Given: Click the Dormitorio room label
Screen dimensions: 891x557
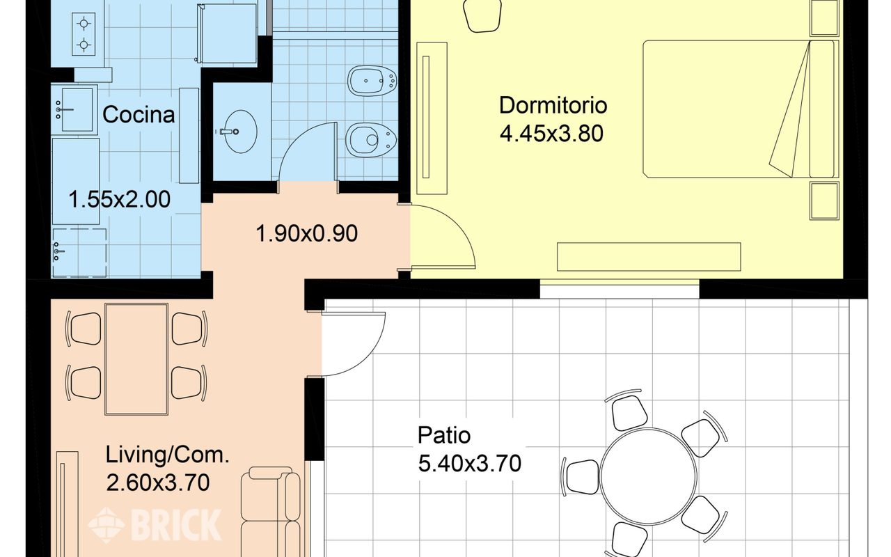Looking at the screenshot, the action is (553, 105).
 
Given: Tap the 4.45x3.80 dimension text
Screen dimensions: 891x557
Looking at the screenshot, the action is (551, 134).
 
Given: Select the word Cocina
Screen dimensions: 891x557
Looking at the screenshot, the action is (139, 115).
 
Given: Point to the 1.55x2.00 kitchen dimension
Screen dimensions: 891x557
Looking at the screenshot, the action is (119, 199).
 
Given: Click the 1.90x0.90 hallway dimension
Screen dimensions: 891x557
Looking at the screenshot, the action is (307, 233).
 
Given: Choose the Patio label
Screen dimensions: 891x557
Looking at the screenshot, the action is (444, 435).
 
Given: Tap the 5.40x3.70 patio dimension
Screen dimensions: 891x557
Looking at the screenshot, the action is (469, 464).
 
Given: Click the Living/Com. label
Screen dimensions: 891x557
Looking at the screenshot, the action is (168, 455).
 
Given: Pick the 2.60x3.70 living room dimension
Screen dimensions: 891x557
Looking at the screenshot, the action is (158, 483).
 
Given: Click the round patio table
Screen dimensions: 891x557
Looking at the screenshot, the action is (648, 476).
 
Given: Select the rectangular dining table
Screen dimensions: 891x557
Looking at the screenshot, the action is (136, 359).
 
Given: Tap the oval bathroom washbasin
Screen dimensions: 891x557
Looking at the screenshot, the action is (239, 132).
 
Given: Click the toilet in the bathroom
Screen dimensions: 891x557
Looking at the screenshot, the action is (371, 140).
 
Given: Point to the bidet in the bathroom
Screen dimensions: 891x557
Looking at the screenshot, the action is (372, 81).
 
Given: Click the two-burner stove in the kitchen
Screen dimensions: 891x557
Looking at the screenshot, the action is (84, 34).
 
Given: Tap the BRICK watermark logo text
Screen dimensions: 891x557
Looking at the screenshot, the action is (176, 525).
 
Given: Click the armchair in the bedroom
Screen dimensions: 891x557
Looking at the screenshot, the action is (482, 15).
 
